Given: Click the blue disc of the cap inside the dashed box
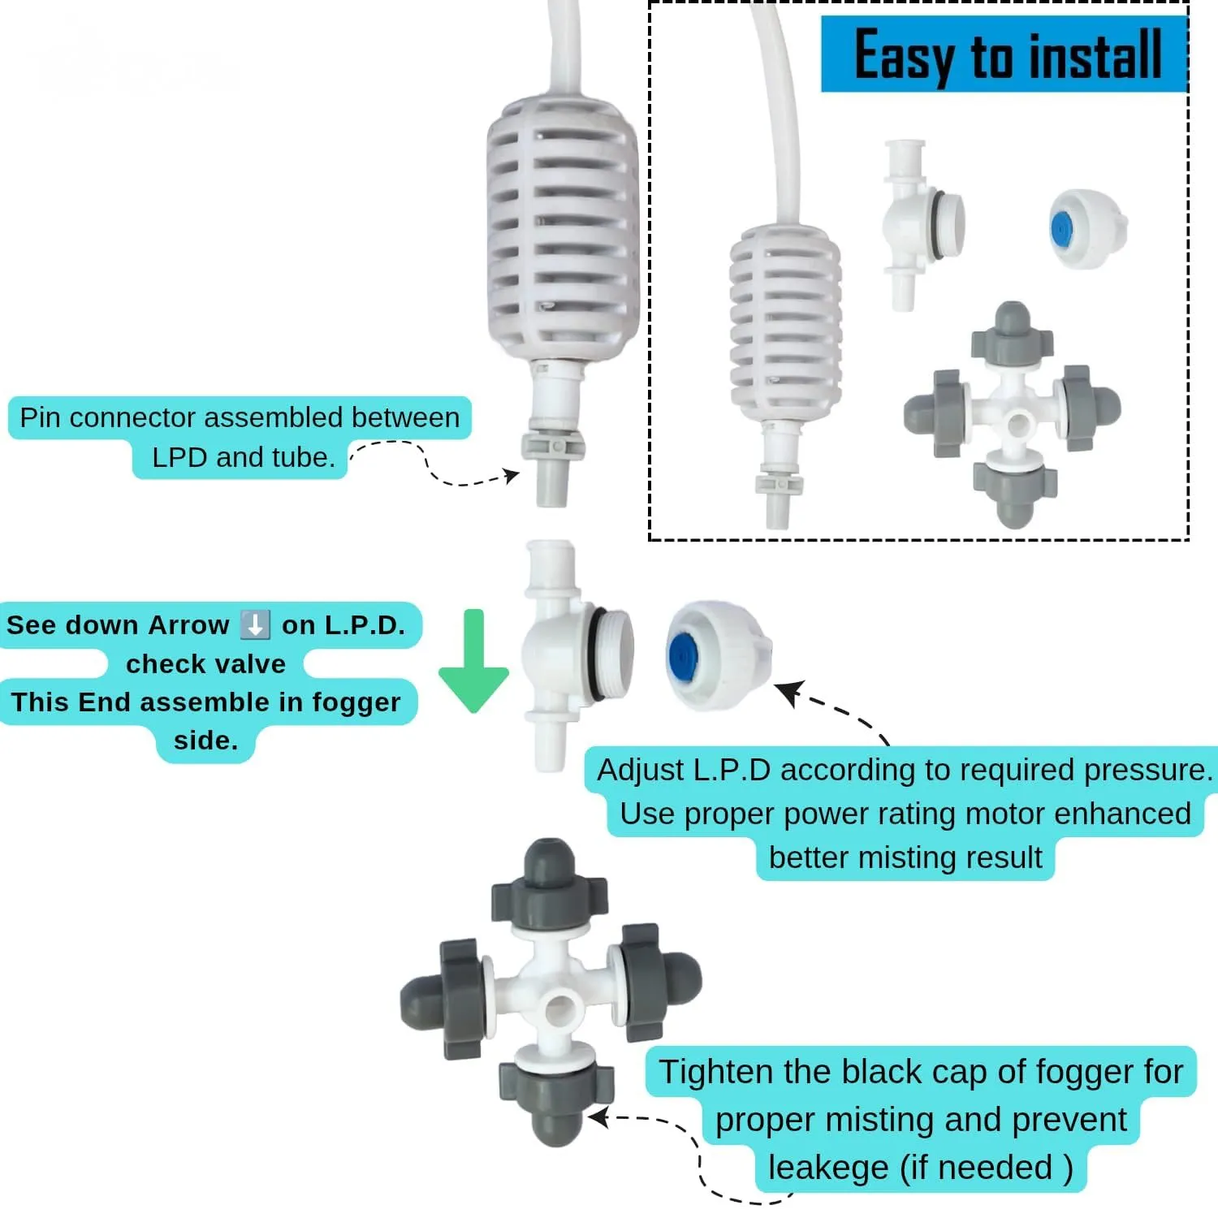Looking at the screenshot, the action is [1061, 230].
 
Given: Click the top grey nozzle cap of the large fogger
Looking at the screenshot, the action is [550, 885].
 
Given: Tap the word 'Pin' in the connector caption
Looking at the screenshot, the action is [41, 418].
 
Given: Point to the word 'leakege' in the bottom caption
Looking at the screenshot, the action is [828, 1168].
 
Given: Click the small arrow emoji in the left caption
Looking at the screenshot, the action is [256, 625].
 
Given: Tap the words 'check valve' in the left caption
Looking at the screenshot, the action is [206, 663].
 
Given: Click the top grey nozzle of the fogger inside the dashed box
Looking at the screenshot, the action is [1013, 333].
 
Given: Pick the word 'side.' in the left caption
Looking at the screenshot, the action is [206, 740].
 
